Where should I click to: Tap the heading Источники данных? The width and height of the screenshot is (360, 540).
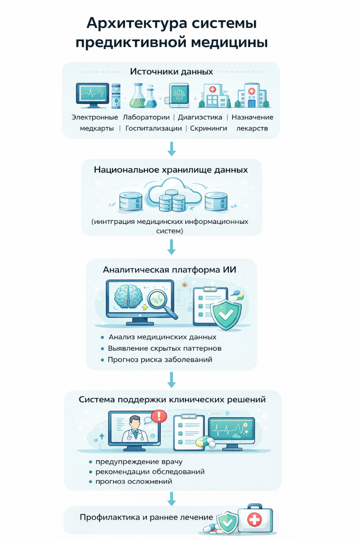click(171, 71)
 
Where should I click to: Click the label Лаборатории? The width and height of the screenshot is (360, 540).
click(146, 117)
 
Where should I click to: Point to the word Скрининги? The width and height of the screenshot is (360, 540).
click(208, 129)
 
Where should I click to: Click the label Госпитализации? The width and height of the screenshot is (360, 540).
click(153, 129)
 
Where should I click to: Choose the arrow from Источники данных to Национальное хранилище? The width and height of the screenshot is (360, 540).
click(171, 149)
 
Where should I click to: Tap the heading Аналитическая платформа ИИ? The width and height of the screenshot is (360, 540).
click(169, 269)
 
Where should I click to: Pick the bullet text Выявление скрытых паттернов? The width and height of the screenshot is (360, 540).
click(165, 348)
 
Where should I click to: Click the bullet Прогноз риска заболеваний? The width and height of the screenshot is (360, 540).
click(160, 360)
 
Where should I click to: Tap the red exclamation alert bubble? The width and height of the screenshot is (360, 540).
click(159, 416)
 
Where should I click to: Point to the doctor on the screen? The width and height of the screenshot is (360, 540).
click(135, 429)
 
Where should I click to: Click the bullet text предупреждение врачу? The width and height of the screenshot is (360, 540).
click(139, 462)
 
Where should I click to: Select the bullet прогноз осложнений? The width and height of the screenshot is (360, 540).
click(134, 482)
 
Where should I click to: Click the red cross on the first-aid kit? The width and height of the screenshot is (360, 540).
click(255, 519)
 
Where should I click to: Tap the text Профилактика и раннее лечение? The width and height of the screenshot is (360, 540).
click(147, 517)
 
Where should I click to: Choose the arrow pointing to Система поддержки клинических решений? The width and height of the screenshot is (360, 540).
click(171, 380)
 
